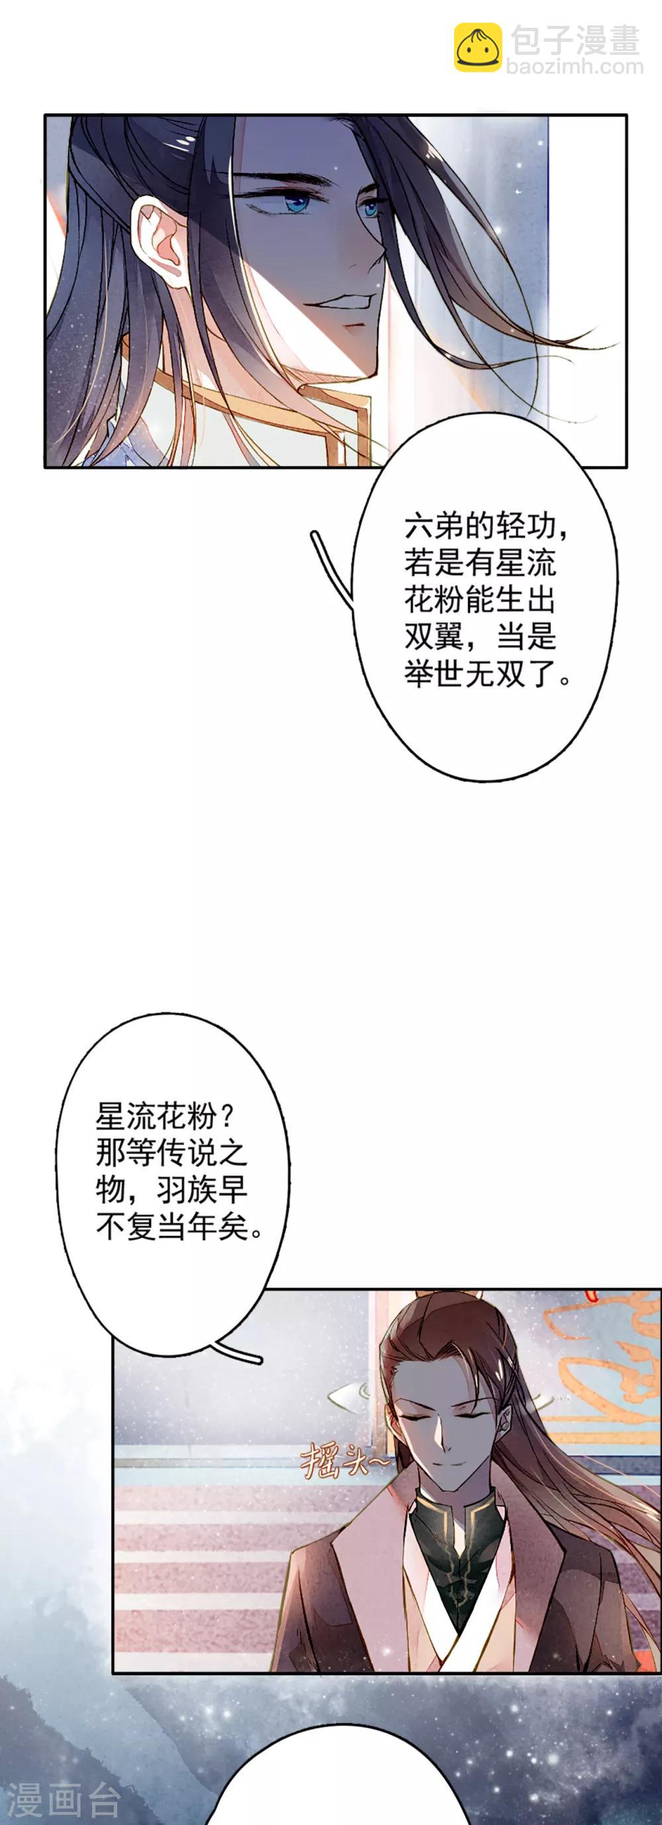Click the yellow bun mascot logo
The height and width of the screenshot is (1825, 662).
click(478, 47)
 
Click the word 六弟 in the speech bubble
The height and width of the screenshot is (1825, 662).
click(436, 526)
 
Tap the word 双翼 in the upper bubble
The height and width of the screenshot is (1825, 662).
click(436, 637)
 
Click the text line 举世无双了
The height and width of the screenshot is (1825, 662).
click(481, 674)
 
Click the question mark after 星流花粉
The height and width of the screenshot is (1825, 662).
click(226, 1117)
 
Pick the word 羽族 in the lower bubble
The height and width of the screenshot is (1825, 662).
click(187, 1191)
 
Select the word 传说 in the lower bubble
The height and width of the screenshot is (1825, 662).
click(187, 1154)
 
